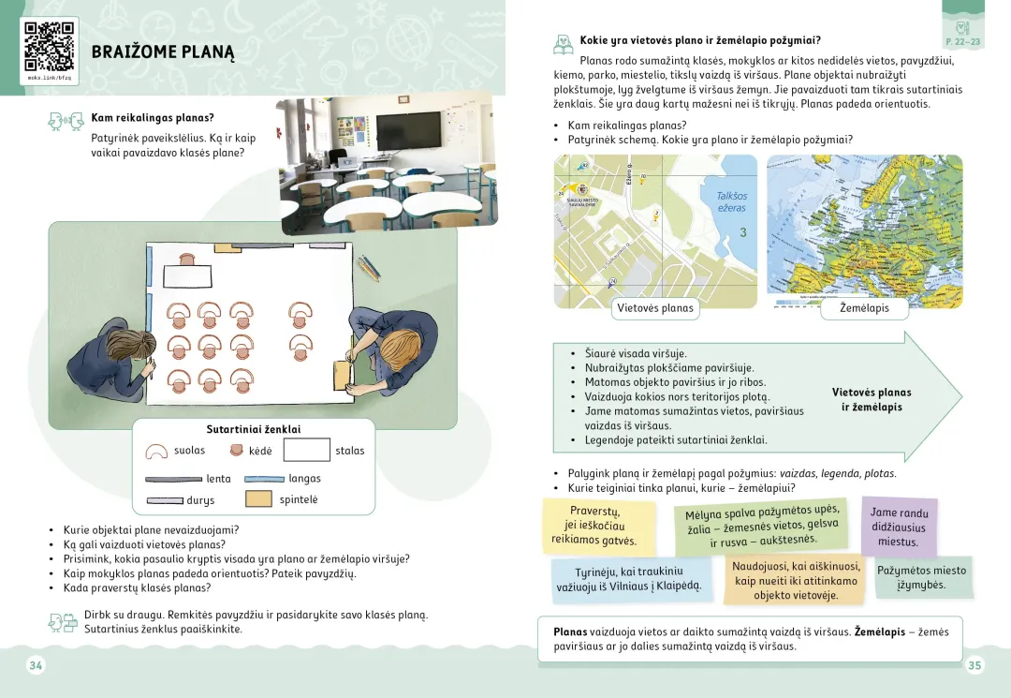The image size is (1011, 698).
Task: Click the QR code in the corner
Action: point(49,45)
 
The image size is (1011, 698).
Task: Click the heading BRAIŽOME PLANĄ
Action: point(163,52)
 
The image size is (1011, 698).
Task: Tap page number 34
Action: point(37,665)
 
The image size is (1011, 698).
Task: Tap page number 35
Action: point(974,665)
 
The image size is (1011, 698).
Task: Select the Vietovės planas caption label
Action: point(655,308)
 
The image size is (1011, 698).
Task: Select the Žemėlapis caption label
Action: point(864,308)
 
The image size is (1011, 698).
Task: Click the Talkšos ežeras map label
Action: point(731,201)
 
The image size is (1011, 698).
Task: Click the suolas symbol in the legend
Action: point(157,451)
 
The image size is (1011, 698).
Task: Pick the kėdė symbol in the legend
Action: point(235,451)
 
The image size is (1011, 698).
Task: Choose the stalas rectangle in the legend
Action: point(306,451)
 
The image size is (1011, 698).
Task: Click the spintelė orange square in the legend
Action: point(258,499)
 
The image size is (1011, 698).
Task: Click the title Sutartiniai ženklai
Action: point(254,429)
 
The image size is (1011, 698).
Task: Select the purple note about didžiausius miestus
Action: point(899,527)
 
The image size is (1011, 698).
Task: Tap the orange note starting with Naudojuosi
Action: point(796,580)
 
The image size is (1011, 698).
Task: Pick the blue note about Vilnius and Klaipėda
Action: point(629,578)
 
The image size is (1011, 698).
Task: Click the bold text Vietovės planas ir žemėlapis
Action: point(872,400)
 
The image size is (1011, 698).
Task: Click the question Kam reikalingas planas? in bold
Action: point(153,118)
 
